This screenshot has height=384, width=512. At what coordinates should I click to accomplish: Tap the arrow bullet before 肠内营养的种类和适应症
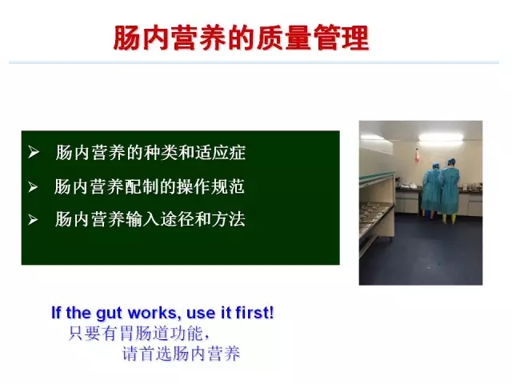click(34, 152)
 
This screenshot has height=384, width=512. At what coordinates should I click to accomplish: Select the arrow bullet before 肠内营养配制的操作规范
click(33, 186)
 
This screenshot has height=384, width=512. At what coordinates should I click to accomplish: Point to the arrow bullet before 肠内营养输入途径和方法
click(33, 219)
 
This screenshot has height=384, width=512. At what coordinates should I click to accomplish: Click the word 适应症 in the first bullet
click(220, 153)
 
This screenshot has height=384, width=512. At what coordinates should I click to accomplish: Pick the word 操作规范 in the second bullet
click(210, 186)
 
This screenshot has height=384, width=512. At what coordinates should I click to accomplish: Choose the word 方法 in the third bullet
click(229, 219)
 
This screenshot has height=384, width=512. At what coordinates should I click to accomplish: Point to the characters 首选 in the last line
click(155, 354)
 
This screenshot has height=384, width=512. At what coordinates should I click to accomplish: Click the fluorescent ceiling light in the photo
click(441, 138)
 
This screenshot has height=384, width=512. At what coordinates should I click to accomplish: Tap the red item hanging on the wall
click(417, 157)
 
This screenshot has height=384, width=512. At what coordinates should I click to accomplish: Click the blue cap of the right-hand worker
click(451, 162)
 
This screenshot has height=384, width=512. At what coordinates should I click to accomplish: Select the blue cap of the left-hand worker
click(435, 166)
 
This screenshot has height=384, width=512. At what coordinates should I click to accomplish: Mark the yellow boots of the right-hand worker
click(450, 218)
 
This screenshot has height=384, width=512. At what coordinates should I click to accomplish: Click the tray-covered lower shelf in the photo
click(376, 215)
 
